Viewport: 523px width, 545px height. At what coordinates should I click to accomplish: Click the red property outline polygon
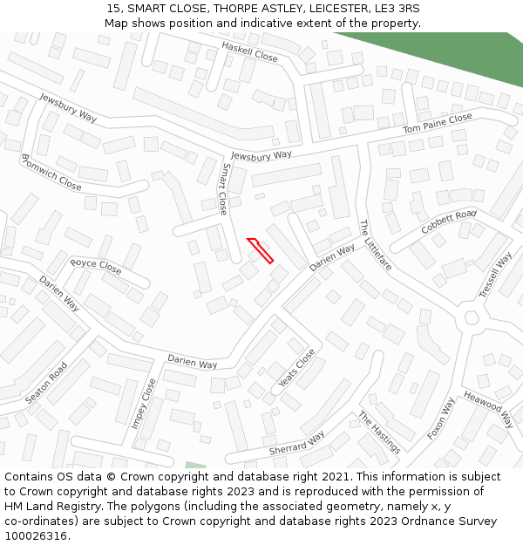(x=261, y=250)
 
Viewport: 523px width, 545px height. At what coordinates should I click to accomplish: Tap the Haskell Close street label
(x=249, y=51)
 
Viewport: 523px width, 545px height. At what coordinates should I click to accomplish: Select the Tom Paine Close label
(x=438, y=123)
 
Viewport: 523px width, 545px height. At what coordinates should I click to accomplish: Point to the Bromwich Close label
(x=51, y=173)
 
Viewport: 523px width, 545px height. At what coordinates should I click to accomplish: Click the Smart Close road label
(x=224, y=189)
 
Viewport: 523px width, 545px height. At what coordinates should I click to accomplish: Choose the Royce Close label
(x=96, y=264)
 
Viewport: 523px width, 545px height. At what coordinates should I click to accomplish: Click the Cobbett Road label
(x=449, y=221)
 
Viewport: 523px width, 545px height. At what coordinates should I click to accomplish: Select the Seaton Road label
(x=46, y=383)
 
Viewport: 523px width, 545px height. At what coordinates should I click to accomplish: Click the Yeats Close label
(x=296, y=368)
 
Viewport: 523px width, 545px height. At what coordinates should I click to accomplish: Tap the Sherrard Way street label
(x=296, y=443)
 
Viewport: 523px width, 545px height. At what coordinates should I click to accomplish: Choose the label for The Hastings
(x=379, y=433)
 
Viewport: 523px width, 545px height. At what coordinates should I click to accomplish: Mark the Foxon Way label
(x=442, y=419)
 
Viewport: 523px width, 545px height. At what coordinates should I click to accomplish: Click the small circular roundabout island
(x=472, y=317)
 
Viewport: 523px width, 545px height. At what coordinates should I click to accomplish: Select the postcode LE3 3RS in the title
(x=394, y=8)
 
